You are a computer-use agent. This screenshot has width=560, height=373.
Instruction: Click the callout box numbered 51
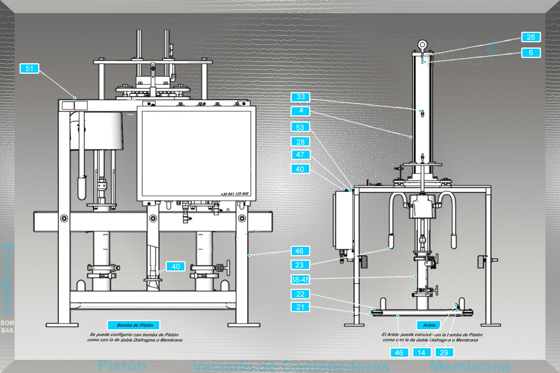point(29,68)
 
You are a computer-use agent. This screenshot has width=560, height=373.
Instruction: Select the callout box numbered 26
point(531,37)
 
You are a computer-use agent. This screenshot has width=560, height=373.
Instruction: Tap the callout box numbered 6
point(531,53)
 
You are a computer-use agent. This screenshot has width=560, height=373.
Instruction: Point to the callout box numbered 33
point(300,97)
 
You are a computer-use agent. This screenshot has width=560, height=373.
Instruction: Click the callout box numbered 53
point(300,127)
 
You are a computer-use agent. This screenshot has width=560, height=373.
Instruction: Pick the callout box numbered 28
point(300,142)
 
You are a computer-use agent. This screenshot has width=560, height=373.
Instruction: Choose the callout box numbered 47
point(300,155)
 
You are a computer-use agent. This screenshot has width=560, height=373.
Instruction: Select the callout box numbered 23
point(300,265)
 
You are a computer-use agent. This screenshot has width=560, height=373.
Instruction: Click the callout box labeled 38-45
point(300,279)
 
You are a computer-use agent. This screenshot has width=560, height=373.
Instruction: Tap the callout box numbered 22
point(300,294)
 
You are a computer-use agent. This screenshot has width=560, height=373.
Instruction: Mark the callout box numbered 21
point(300,307)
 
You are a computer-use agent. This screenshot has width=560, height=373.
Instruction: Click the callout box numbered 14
point(421,353)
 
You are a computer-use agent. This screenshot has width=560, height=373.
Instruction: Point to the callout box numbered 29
point(444,353)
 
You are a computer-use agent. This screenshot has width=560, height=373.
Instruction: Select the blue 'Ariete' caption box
point(429,325)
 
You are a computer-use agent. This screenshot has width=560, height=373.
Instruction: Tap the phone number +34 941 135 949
point(235,194)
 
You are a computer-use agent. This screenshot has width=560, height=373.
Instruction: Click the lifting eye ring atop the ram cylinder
point(422,45)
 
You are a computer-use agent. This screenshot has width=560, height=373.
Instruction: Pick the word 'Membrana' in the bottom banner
point(470,366)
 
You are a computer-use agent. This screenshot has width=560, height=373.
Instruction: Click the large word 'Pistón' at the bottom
point(122,365)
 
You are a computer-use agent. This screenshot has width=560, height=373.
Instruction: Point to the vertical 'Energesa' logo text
point(8,278)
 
